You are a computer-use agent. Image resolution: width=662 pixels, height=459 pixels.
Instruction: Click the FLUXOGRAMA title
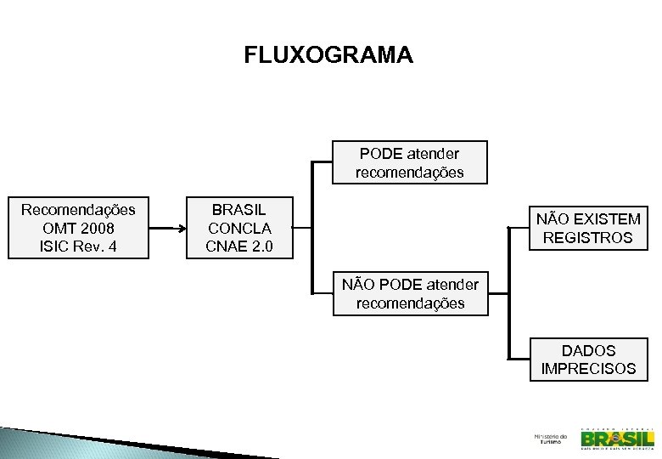328,55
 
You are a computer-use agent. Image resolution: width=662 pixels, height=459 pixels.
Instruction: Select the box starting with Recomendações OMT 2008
78,229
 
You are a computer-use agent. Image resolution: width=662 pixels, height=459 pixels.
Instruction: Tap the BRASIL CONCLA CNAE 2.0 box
239,229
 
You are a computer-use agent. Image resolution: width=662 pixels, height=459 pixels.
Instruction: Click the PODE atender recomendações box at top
409,162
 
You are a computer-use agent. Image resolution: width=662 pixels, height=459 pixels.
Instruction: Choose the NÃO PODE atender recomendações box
410,293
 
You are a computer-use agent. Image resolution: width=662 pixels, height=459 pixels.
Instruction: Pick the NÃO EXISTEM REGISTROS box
587,229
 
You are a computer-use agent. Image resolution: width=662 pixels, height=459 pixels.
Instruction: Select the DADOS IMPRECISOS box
587,360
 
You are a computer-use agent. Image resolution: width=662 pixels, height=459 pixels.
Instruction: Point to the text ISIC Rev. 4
78,247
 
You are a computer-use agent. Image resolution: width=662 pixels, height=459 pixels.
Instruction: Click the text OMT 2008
78,229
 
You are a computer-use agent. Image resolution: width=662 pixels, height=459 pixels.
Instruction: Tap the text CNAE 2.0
239,247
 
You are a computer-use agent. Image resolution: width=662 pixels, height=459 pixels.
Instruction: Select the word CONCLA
239,229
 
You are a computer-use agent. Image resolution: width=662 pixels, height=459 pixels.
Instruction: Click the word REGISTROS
587,238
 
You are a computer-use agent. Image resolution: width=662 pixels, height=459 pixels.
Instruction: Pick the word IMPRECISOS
587,369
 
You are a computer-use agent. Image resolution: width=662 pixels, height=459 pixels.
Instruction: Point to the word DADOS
588,350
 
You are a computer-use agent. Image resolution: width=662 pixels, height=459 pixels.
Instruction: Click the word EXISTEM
603,219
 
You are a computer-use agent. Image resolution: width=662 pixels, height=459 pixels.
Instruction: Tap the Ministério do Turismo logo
550,439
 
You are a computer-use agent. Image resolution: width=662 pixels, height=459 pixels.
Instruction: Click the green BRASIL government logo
617,438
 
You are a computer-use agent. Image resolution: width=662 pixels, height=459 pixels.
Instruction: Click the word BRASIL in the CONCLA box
239,210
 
